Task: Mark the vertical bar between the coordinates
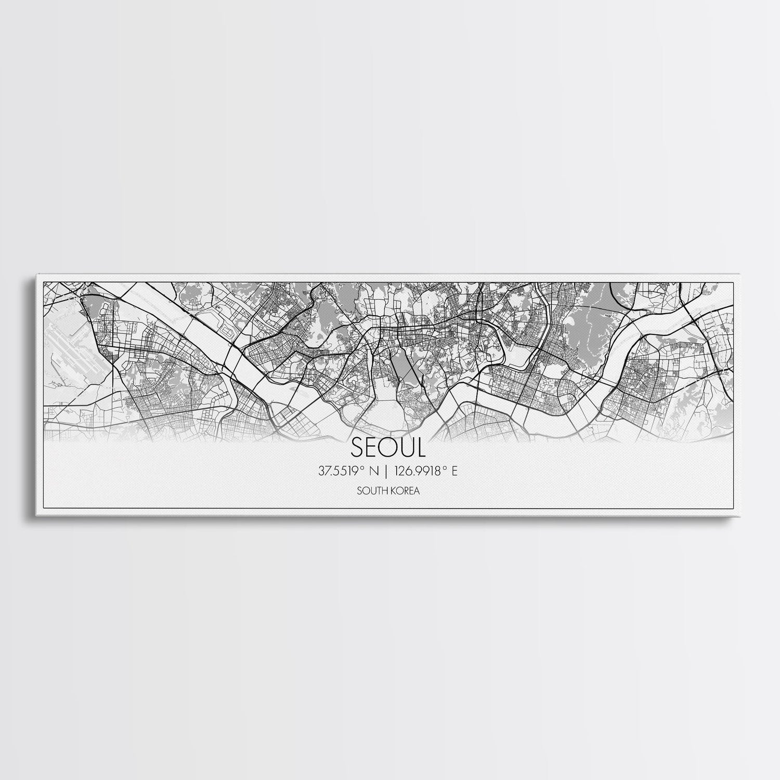(x=385, y=472)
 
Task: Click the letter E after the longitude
(x=454, y=472)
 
